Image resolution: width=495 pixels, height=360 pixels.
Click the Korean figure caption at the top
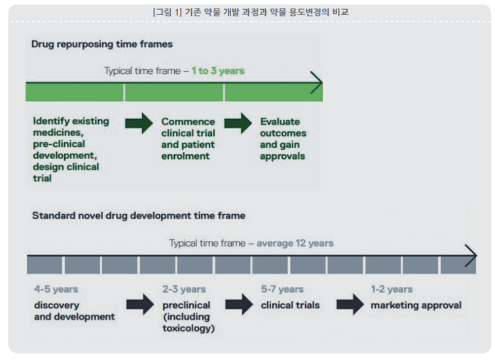[x=251, y=12]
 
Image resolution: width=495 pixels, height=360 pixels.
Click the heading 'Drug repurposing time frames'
[x=102, y=44]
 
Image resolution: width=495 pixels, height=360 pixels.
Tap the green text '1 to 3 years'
[x=218, y=71]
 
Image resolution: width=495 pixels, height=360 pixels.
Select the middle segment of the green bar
[x=174, y=93]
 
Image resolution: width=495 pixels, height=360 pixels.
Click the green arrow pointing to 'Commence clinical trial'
[x=139, y=123]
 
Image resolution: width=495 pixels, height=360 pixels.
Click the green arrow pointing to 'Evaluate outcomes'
[x=238, y=123]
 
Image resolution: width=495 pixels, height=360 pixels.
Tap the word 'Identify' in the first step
[x=52, y=121]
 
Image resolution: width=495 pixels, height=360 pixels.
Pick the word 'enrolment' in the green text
[x=185, y=156]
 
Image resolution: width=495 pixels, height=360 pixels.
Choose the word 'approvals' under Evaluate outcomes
[x=283, y=156]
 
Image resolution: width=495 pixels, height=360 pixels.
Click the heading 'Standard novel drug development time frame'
[x=139, y=216]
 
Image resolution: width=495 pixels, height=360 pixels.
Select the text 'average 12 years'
[x=295, y=243]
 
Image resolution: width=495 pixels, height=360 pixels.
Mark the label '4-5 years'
[x=56, y=289]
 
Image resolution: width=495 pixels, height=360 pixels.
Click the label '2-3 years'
[x=184, y=289]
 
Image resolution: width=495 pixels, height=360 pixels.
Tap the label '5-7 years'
[x=282, y=289]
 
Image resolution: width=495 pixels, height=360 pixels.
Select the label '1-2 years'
[x=392, y=289]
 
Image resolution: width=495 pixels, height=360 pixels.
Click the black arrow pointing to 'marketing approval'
[x=350, y=304]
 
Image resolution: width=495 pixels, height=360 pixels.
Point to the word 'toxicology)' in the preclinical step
[x=189, y=329]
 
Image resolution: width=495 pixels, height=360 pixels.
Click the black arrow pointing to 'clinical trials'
[x=239, y=304]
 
